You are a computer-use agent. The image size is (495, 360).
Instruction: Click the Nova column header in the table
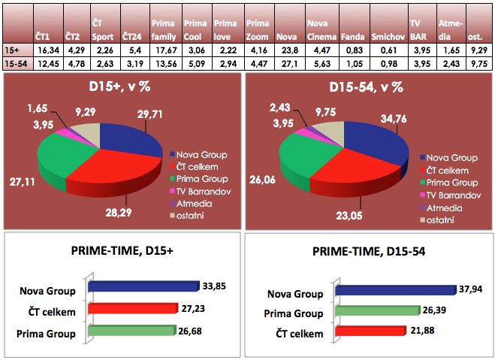(x=286, y=36)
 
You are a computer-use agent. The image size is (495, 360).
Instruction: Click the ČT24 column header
(x=131, y=36)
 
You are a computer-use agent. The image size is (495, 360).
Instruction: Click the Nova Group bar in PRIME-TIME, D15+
(x=143, y=286)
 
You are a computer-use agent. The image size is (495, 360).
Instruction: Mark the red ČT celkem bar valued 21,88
(x=369, y=332)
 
